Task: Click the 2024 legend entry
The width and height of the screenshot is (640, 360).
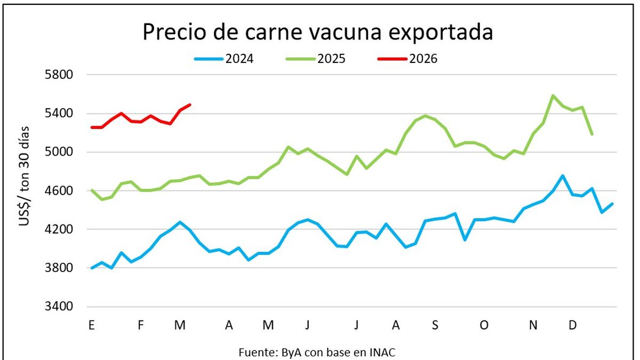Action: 225,59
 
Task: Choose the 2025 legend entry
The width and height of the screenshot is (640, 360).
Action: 316,59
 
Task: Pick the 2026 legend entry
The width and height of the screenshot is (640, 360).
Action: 408,59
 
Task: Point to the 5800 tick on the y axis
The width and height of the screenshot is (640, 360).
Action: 60,75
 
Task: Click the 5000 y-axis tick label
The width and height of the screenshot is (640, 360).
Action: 60,152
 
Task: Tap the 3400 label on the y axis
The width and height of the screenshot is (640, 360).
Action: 60,307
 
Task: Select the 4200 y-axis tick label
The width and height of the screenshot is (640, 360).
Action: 60,229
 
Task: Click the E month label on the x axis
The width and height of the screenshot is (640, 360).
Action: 92,325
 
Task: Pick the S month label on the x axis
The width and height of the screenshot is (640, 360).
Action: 435,325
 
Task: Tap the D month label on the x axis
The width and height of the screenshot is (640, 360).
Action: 573,325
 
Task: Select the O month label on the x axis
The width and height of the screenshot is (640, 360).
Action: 484,325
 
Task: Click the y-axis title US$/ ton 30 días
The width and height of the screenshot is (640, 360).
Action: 25,177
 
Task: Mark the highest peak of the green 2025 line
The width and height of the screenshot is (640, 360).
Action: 553,95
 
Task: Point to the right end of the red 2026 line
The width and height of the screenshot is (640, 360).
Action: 190,105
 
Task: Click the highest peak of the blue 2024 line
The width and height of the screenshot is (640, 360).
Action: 563,175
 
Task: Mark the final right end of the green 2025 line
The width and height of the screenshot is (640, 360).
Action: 592,134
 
